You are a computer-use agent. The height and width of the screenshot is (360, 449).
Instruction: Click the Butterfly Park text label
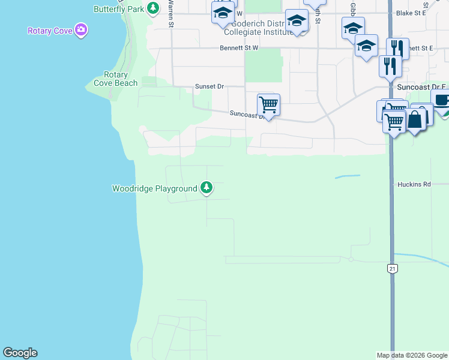(x=119, y=9)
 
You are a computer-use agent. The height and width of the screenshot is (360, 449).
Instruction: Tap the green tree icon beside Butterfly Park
(x=154, y=8)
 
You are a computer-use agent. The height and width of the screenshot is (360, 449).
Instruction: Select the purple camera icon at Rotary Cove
(x=81, y=30)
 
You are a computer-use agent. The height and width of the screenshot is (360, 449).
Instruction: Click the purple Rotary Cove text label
(x=49, y=31)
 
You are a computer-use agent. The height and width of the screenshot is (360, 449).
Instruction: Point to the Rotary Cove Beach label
(x=116, y=79)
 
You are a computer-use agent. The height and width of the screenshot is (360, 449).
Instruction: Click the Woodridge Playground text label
(x=154, y=188)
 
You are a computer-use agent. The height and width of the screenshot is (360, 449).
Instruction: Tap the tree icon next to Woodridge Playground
(x=206, y=188)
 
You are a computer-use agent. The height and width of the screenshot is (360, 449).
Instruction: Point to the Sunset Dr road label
(x=209, y=86)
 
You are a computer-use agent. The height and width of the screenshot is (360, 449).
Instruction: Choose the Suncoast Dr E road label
(x=419, y=87)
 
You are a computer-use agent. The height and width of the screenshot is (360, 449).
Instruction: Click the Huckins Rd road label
(x=414, y=185)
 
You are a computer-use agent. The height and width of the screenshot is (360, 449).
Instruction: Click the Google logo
(x=20, y=353)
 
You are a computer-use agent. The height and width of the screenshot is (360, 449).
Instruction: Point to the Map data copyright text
(x=412, y=355)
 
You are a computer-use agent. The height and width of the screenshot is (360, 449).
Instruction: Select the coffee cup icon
(x=441, y=100)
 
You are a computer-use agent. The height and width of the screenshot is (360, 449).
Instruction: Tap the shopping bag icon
(x=415, y=119)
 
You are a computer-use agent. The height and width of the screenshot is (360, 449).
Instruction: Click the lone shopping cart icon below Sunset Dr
(x=268, y=104)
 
